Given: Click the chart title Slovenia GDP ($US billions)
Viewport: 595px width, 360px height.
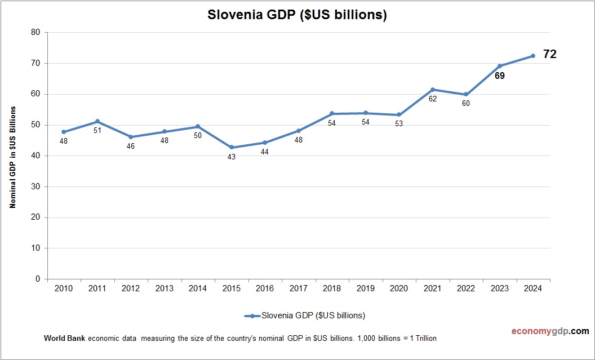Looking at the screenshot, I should [x=297, y=15].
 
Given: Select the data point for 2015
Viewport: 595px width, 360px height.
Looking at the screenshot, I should [x=231, y=148].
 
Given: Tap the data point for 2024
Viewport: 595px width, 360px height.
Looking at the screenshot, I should [x=532, y=55].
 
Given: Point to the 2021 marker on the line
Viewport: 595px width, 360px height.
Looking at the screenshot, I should [x=432, y=90].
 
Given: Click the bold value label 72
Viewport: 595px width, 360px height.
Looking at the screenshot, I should [x=549, y=54].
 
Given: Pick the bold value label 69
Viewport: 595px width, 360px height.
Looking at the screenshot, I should [x=499, y=75].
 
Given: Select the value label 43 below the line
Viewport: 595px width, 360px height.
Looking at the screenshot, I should [x=231, y=157].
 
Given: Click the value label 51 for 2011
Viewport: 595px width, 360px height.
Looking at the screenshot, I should [x=97, y=131].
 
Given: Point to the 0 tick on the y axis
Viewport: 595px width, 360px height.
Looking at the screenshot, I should [x=38, y=279].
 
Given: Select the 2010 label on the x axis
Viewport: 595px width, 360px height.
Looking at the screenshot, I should [x=64, y=288].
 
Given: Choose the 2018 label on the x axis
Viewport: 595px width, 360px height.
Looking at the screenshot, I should [x=332, y=288].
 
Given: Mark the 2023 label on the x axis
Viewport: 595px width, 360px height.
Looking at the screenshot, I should [x=499, y=288].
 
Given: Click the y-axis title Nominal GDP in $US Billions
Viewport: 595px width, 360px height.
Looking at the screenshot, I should [x=12, y=157].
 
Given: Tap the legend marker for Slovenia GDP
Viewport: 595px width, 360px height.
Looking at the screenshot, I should [x=252, y=315].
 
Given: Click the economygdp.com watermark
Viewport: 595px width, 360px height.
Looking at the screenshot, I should [x=542, y=331].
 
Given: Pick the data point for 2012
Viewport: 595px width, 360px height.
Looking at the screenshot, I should [x=131, y=137].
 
